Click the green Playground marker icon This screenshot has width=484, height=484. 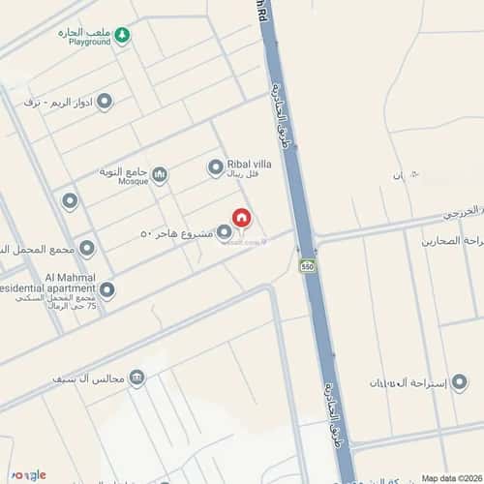(122, 36)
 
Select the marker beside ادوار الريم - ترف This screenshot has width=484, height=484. (104, 101)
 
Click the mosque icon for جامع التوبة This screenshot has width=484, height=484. (160, 174)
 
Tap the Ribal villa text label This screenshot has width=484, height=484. (249, 164)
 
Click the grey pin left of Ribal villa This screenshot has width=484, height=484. (215, 168)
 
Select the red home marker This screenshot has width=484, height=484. (241, 220)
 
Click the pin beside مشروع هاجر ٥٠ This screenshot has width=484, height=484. (225, 232)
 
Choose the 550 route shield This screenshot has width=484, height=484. (307, 265)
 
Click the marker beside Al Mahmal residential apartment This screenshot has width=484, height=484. (106, 288)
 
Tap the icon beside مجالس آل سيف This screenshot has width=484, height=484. (137, 377)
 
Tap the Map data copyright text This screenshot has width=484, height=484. (449, 477)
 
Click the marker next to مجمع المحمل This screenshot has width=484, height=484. (87, 249)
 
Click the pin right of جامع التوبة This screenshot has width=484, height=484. (160, 174)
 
